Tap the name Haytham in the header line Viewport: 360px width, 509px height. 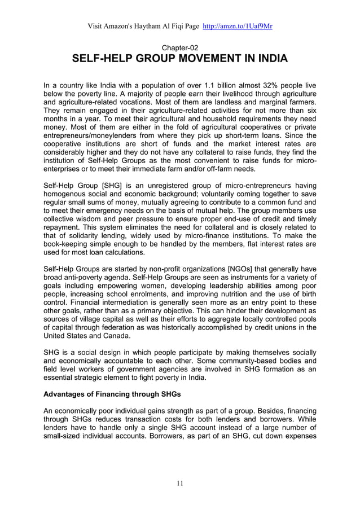click(x=148, y=27)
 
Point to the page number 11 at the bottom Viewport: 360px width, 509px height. click(x=179, y=482)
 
